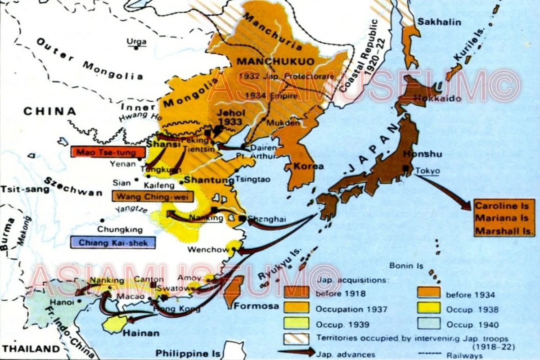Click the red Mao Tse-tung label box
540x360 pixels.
pos(108,152)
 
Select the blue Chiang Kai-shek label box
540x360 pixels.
pos(112,243)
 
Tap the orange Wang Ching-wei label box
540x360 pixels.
pos(153,197)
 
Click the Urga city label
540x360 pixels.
pos(136,41)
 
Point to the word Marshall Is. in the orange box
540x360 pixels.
pos(504,232)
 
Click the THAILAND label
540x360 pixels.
pos(30,349)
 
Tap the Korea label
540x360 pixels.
pos(308,166)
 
